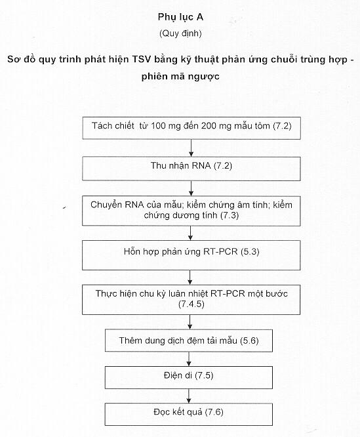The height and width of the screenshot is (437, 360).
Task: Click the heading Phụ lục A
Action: [180, 17]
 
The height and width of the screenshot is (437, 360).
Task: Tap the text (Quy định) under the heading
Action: [180, 33]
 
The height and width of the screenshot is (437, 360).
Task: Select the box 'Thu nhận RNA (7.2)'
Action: [191, 169]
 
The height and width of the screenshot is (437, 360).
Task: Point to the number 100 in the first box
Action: [158, 126]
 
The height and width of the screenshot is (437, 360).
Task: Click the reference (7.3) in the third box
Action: [230, 215]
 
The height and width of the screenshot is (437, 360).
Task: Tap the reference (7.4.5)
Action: [191, 304]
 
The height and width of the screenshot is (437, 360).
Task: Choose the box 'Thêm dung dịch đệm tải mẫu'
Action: [189, 341]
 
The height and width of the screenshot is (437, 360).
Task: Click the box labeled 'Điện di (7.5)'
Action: [189, 378]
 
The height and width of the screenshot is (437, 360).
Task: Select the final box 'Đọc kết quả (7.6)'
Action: [189, 414]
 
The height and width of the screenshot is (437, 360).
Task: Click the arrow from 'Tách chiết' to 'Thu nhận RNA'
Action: [191, 148]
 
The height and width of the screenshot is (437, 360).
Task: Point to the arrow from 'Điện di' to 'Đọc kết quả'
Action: [189, 396]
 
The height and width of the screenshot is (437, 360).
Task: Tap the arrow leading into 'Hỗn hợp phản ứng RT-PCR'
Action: [190, 234]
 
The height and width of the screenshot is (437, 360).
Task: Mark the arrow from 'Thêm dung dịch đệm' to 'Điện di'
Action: [189, 359]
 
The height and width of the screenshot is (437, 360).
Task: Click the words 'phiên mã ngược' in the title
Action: [180, 77]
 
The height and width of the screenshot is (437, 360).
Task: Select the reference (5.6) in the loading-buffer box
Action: [249, 341]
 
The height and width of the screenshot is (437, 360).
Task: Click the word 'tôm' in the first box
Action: [262, 126]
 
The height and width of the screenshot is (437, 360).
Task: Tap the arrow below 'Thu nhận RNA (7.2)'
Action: [191, 188]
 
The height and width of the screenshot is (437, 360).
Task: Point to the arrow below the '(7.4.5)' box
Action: [190, 322]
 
